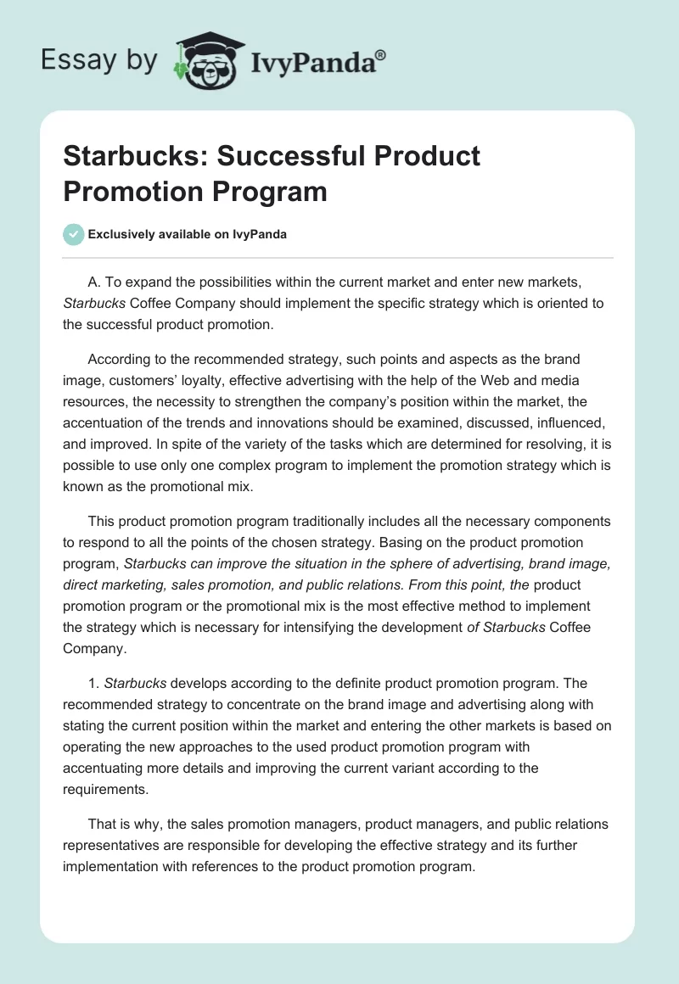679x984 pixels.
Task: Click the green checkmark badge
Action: click(x=74, y=234)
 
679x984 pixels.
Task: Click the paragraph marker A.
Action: click(x=93, y=282)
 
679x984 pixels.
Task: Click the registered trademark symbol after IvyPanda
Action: click(x=380, y=54)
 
